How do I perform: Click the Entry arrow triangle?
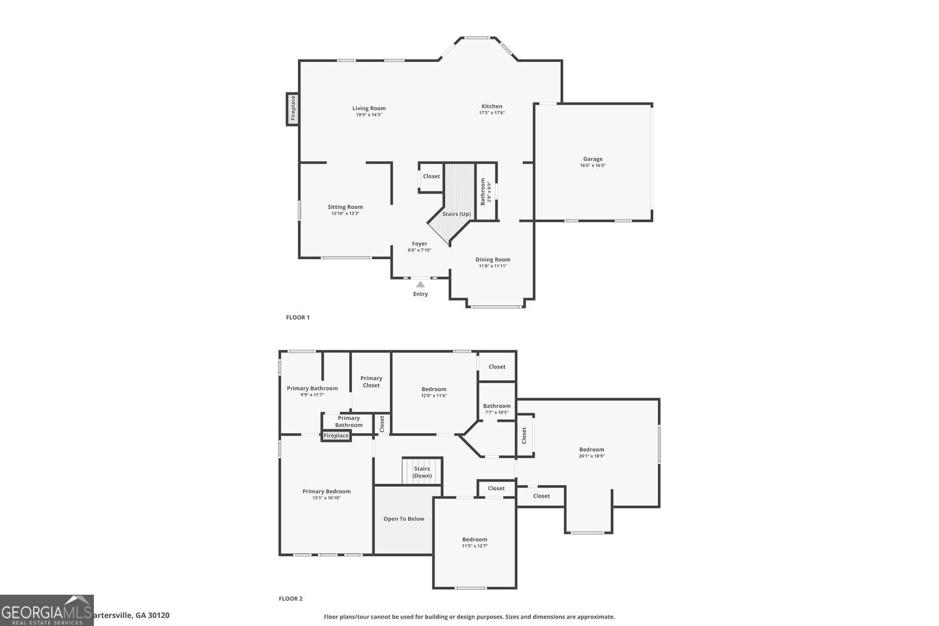coord(421,285)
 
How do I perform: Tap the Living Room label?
coord(369,108)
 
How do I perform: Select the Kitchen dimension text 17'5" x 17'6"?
coord(491,113)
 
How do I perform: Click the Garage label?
coord(593,159)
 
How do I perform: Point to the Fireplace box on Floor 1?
coord(292,109)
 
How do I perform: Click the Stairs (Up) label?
coord(456,214)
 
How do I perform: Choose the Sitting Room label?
coord(345,207)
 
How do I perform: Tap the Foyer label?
coord(419,244)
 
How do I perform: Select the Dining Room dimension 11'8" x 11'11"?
coord(493,266)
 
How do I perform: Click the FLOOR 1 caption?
coord(298,318)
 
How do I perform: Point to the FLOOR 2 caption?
coord(290,599)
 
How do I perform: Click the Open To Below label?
coord(404,519)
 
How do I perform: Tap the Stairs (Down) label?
coord(422,472)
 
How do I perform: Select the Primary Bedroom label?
coord(326,491)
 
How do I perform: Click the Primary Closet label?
coord(371,382)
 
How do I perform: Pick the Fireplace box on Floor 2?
coord(336,436)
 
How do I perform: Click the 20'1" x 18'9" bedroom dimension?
coord(592,456)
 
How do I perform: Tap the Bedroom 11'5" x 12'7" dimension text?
coord(475,546)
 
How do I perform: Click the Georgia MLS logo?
coord(47,610)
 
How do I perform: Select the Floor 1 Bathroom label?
coord(483,192)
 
